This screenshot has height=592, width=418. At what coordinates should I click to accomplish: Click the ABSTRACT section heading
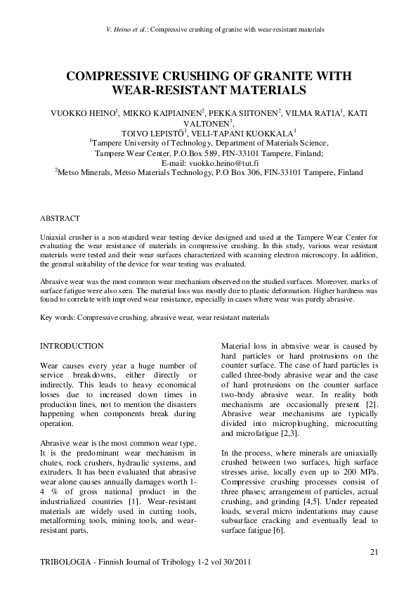tap(60, 219)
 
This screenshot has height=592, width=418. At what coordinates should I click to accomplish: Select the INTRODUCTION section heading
tap(72, 346)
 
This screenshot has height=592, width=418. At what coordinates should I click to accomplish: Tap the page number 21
tap(374, 553)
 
